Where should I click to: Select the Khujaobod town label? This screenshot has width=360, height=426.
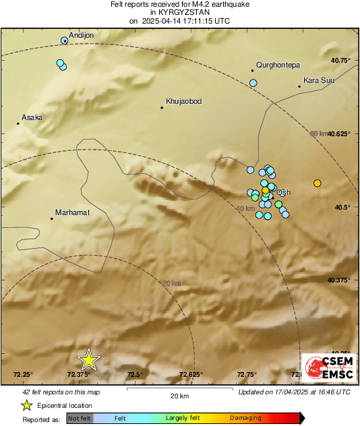point(184,101)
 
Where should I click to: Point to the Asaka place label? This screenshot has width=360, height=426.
point(32,117)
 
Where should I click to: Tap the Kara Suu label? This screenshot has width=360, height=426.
point(320,81)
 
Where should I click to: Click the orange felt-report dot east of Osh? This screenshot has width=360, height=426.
point(318,183)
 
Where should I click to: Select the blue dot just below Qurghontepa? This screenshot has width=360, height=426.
point(253,83)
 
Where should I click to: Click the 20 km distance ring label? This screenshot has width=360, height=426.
point(171,283)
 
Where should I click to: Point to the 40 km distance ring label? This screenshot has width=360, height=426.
point(245,209)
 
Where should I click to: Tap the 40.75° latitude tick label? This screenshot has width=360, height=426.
point(340,60)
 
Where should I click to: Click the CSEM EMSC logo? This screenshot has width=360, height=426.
point(326,368)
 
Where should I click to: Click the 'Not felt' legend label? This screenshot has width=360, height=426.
point(80,418)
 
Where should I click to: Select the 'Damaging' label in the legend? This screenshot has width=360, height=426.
point(245,418)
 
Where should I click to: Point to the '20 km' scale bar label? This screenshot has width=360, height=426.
point(179,396)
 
